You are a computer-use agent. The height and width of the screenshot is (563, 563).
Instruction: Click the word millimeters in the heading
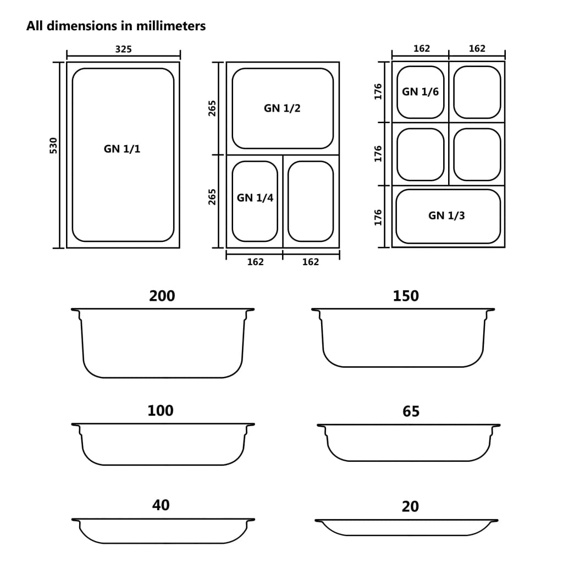click(x=172, y=26)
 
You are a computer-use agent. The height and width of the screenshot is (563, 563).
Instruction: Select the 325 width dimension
click(x=123, y=49)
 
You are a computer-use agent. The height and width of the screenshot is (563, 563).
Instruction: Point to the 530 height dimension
click(x=53, y=145)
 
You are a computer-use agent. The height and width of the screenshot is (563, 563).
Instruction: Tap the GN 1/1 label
click(x=122, y=149)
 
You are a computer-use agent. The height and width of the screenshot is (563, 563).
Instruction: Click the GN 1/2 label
click(x=282, y=108)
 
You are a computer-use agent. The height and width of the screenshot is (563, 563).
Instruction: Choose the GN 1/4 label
click(x=255, y=198)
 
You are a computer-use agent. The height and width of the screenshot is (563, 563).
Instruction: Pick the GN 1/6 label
click(x=421, y=92)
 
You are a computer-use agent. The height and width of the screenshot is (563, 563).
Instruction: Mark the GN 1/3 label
click(x=446, y=216)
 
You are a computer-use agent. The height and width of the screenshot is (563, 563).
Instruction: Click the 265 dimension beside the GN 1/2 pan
click(x=213, y=108)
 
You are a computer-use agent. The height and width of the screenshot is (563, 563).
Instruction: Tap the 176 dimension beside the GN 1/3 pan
click(x=378, y=217)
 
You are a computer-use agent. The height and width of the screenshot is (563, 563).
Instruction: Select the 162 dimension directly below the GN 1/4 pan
click(x=255, y=262)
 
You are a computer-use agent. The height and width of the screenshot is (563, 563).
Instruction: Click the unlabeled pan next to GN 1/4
click(x=311, y=201)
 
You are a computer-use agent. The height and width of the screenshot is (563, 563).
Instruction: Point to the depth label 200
click(x=162, y=296)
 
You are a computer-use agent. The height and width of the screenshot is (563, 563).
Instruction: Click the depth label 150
click(x=406, y=296)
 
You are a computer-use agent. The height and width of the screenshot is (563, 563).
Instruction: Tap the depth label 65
click(x=411, y=411)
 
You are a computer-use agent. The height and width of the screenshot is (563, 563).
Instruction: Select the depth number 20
click(x=410, y=506)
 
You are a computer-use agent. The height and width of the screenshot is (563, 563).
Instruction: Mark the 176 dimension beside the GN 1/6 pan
click(x=378, y=91)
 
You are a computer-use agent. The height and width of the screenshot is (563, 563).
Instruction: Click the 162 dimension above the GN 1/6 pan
click(x=421, y=49)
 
